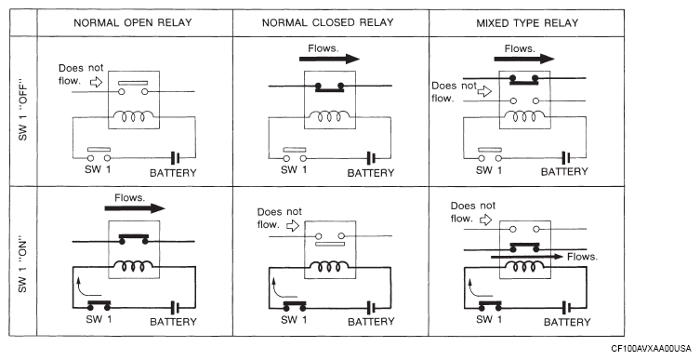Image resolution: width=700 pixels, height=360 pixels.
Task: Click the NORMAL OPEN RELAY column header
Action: (x=133, y=22)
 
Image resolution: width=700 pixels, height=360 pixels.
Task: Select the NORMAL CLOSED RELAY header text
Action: (x=327, y=22)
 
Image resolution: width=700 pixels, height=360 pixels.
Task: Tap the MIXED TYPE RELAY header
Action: (x=527, y=22)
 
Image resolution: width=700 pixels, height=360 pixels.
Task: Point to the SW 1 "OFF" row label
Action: (x=22, y=111)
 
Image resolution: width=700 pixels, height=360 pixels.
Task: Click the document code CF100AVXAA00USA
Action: (x=651, y=349)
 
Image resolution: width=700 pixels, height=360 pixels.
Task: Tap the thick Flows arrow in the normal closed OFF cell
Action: (x=329, y=59)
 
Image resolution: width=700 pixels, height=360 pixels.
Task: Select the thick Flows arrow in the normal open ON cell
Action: (x=135, y=208)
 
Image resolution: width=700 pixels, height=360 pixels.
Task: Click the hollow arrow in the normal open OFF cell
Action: (x=97, y=82)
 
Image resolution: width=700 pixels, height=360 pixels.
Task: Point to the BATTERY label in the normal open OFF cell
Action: (x=173, y=173)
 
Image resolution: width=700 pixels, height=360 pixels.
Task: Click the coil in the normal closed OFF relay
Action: (x=329, y=116)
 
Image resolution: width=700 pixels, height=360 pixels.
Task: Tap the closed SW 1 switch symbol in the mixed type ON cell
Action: (x=490, y=306)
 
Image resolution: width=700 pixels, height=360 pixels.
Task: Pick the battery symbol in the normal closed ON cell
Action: (x=372, y=308)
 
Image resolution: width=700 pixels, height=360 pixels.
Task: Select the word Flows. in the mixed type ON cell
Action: (x=582, y=257)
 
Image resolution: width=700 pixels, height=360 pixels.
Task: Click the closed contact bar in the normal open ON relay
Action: (x=133, y=238)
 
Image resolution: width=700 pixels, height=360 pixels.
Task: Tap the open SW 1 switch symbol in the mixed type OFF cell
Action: (x=490, y=154)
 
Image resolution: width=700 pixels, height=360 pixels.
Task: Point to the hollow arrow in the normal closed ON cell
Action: (x=293, y=225)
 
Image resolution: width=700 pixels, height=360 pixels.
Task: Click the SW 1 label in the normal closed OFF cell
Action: (x=294, y=169)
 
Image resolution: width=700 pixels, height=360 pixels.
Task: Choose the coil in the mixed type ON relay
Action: (x=525, y=266)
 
